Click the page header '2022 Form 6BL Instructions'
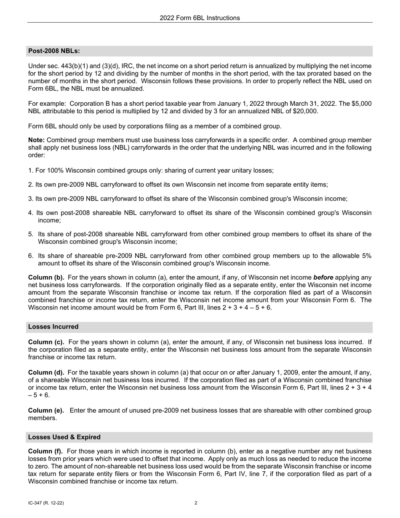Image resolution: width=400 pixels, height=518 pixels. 200,18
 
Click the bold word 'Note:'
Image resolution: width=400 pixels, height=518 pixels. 37,140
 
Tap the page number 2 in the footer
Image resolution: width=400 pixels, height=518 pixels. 196,503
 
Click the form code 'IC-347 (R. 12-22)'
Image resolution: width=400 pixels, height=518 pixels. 46,503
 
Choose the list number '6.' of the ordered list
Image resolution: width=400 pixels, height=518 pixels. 31,256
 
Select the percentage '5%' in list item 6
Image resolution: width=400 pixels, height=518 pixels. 367,256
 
